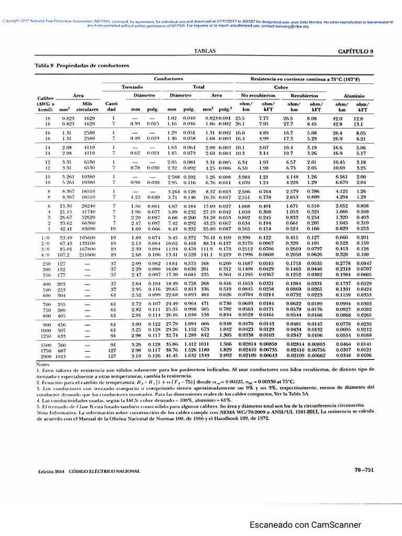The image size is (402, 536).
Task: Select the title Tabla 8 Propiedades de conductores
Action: (x=81, y=66)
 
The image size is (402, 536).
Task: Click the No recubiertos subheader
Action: (x=273, y=96)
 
